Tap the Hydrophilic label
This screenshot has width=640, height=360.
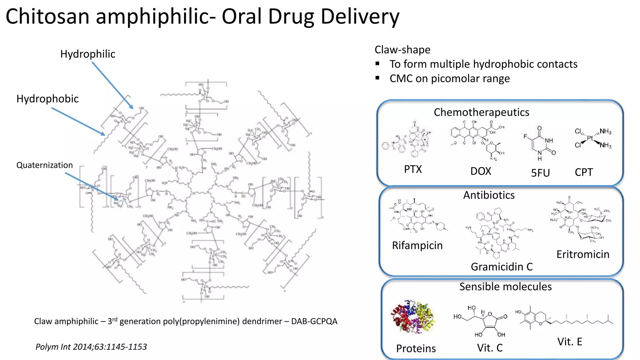pyautogui.click(x=87, y=54)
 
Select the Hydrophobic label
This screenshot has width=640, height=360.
pyautogui.click(x=47, y=99)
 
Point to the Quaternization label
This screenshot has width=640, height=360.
pyautogui.click(x=44, y=165)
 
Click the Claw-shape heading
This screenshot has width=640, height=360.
pyautogui.click(x=402, y=50)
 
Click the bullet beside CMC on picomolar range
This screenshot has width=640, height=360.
pyautogui.click(x=377, y=78)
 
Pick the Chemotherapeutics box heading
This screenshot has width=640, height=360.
pyautogui.click(x=481, y=112)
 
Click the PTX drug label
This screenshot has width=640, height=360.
pyautogui.click(x=413, y=169)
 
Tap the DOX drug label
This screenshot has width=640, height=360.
pyautogui.click(x=481, y=171)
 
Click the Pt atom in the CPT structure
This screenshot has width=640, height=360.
pyautogui.click(x=590, y=138)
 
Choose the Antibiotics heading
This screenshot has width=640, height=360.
pyautogui.click(x=489, y=195)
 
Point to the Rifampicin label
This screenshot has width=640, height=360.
pyautogui.click(x=417, y=246)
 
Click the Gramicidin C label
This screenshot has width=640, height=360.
pyautogui.click(x=502, y=267)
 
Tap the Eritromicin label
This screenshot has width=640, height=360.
pyautogui.click(x=583, y=254)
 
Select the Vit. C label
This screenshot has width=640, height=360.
pyautogui.click(x=490, y=348)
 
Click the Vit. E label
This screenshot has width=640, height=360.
pyautogui.click(x=569, y=342)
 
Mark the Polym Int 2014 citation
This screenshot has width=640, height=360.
pyautogui.click(x=91, y=347)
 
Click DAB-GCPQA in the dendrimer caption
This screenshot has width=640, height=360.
pyautogui.click(x=314, y=322)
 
